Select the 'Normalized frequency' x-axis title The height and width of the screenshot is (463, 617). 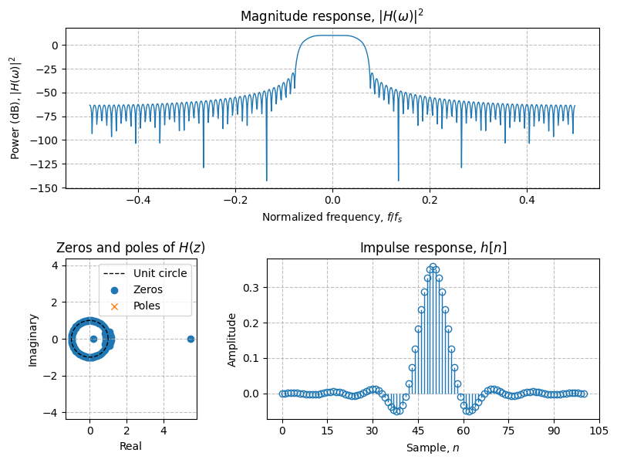pos(332,217)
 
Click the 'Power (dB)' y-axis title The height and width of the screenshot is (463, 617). pos(15,108)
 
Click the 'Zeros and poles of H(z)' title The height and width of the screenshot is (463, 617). pos(131,248)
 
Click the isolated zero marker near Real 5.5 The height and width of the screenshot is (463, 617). pos(190,339)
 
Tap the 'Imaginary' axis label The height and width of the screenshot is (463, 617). pos(33,340)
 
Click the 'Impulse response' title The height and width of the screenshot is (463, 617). pos(433,248)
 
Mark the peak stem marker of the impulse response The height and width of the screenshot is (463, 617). pos(433,267)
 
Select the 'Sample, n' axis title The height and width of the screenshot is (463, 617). pos(433,447)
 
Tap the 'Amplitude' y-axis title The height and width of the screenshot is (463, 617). pos(232,340)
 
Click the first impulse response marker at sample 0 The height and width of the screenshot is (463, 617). pos(282,394)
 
